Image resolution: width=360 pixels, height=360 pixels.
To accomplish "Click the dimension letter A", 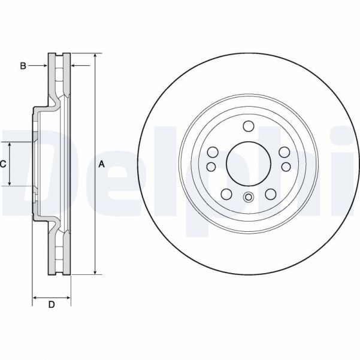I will [x=101, y=164].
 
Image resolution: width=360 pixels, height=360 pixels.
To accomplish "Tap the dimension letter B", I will [x=23, y=65].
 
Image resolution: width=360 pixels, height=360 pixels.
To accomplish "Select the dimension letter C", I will [x=3, y=164].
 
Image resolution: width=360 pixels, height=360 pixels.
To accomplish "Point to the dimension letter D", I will [x=52, y=305].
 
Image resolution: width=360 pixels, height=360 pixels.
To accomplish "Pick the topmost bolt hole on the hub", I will [x=248, y=126].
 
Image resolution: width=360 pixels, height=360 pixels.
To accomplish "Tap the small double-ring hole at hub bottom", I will [x=248, y=198].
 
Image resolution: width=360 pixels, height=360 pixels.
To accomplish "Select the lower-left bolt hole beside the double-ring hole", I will [x=226, y=193].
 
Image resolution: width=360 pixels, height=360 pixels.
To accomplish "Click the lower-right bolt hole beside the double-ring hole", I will [x=270, y=193].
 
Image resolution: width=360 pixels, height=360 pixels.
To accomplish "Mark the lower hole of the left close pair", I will [x=211, y=167].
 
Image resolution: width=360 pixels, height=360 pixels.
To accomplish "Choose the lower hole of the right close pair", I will [x=285, y=167].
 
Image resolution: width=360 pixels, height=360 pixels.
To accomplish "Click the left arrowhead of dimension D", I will [x=35, y=297].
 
